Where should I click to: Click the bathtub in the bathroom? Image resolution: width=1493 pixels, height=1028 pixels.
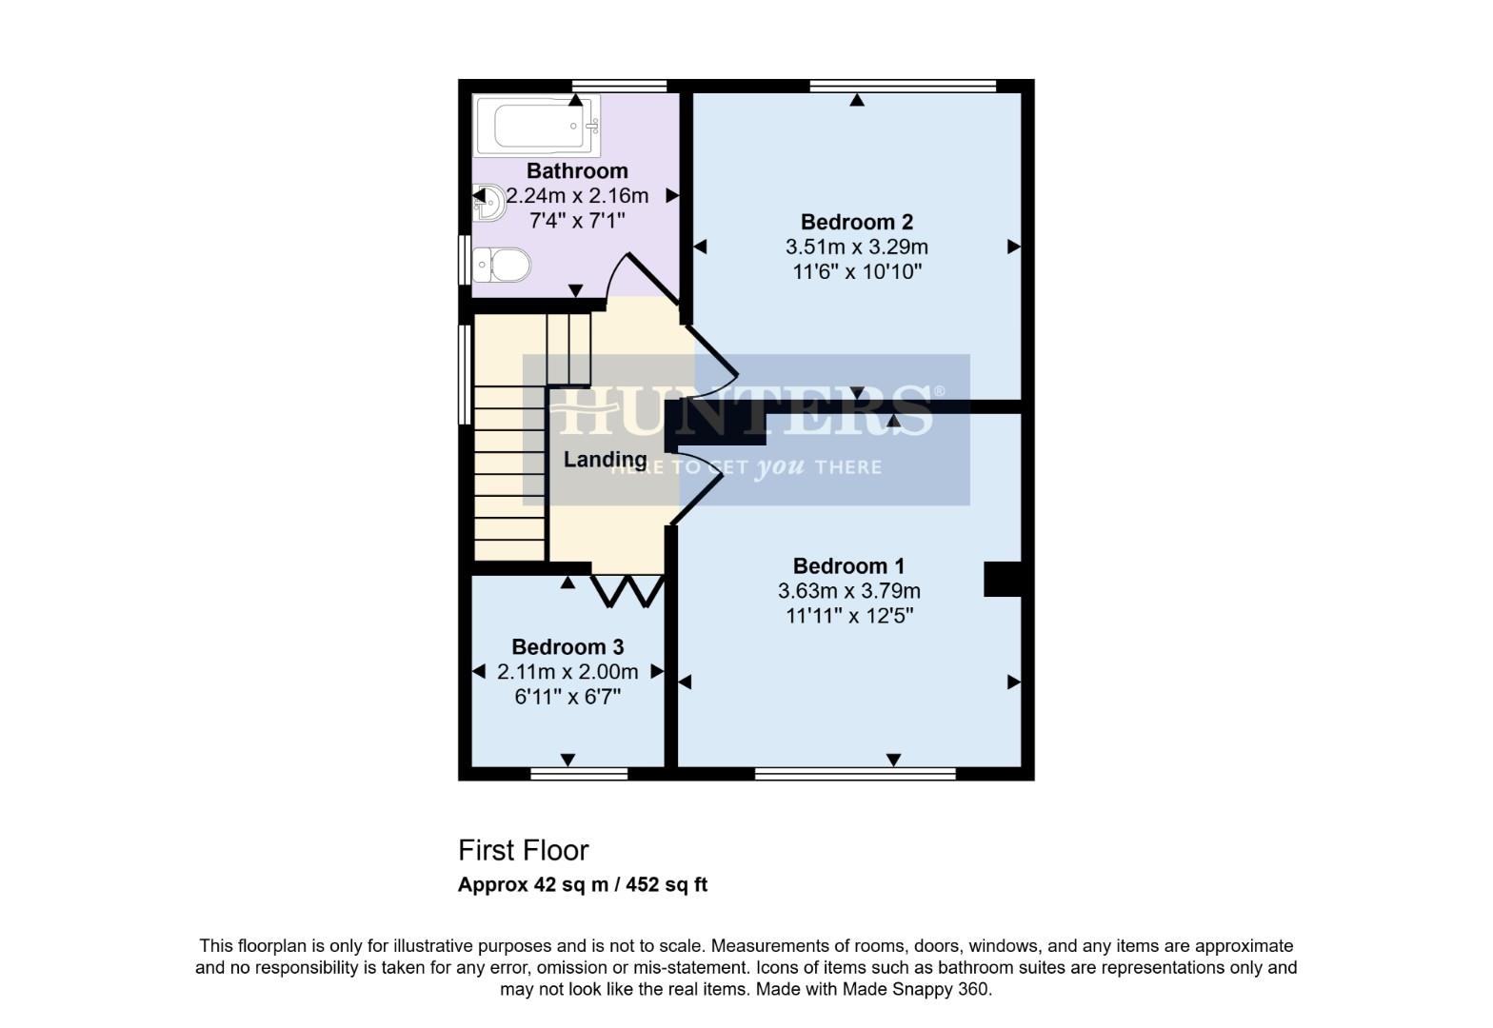[537, 127]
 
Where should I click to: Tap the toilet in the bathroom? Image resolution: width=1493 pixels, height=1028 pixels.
[502, 264]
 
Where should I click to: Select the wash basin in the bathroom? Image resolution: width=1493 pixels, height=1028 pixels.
[489, 202]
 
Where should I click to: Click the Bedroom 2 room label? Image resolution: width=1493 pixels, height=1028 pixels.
[856, 222]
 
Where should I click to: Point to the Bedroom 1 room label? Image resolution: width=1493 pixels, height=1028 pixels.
[848, 566]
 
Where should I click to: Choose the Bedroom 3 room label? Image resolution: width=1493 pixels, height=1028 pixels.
[567, 647]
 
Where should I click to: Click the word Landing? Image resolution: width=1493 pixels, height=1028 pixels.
[605, 460]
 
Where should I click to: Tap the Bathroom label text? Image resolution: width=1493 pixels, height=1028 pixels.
[577, 171]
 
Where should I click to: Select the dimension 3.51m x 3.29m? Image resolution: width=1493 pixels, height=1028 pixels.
[856, 247]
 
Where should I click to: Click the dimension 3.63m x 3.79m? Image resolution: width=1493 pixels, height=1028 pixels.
[848, 591]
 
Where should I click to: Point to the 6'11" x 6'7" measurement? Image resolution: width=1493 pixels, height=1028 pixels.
[567, 697]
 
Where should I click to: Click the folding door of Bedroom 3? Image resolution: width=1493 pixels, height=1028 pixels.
[627, 591]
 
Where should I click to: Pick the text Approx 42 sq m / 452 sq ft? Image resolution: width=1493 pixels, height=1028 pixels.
[582, 884]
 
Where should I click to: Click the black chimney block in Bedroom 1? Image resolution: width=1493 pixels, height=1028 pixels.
[1002, 580]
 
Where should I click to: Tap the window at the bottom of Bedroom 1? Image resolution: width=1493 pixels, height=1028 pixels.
[854, 774]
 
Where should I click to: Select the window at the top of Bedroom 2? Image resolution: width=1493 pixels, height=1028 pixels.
[902, 86]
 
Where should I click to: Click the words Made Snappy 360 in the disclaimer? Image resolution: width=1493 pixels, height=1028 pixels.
[915, 989]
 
